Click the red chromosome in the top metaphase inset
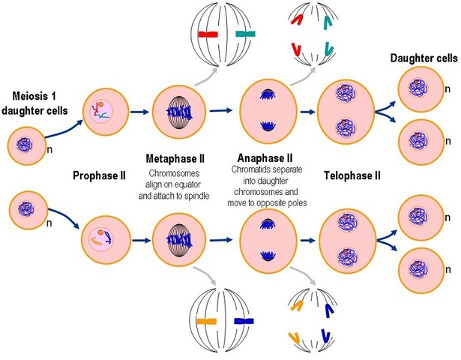click(208, 34)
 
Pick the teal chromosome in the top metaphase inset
click(244, 34)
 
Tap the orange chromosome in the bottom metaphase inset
click(207, 321)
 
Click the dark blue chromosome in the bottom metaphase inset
click(244, 321)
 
